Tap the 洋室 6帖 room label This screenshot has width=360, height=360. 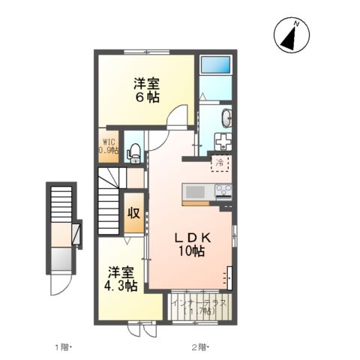pos(146,89)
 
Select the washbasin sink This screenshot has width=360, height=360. pos(226,118)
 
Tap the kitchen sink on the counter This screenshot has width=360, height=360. pos(197,190)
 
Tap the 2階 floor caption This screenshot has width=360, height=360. pos(198,346)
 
